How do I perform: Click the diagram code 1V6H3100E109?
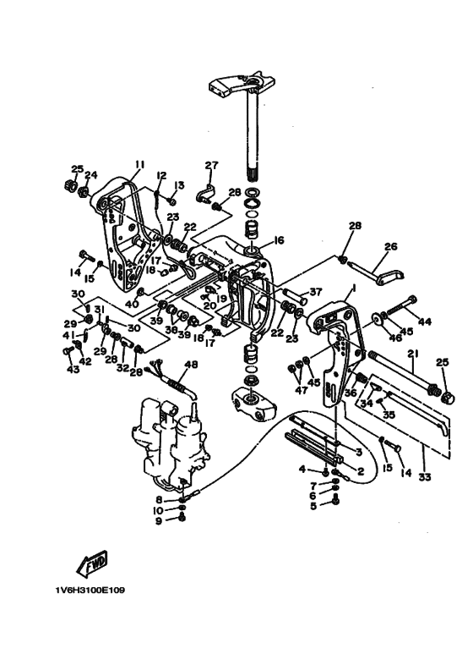coord(90,591)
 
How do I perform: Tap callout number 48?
coord(191,365)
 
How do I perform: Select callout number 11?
coord(139,164)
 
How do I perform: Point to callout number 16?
coord(278,240)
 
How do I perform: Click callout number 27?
coord(211,165)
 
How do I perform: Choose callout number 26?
coord(391,246)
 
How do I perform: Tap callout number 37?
coord(316,292)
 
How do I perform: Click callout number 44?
coord(424,322)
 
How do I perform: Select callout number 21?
coord(413,354)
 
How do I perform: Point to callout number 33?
coord(424,476)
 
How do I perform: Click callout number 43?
coord(73,369)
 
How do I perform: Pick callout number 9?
coord(159,521)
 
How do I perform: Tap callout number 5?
coord(313,506)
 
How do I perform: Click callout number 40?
coord(132,304)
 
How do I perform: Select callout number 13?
coord(179,184)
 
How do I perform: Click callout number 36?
coord(351,393)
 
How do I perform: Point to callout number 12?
coord(161,175)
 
